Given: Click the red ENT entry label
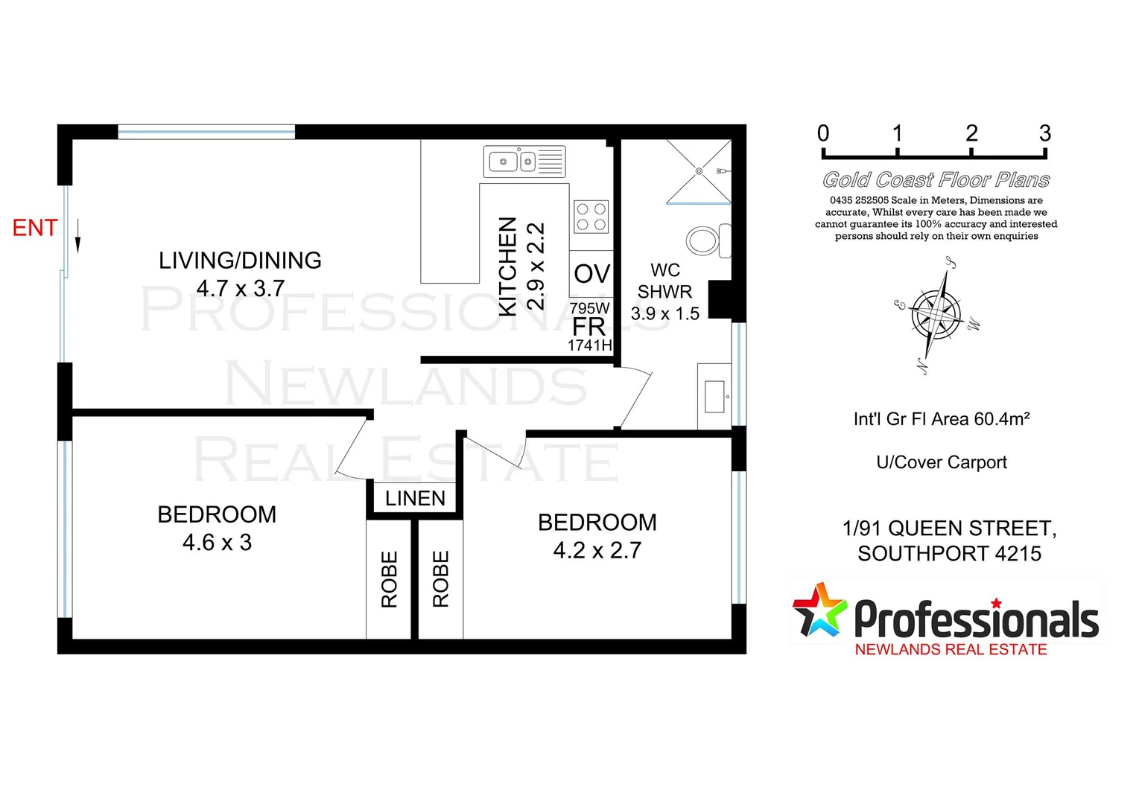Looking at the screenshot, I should tap(35, 228).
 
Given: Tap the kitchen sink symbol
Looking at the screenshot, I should tap(524, 161).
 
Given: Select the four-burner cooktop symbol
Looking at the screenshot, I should tap(591, 217).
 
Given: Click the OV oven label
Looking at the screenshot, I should tap(591, 274).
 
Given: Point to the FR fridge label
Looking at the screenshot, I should tap(588, 327).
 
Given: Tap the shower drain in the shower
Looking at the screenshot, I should tap(699, 171).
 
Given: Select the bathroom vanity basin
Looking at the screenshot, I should tap(714, 397).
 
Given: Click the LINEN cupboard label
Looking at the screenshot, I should tap(415, 498).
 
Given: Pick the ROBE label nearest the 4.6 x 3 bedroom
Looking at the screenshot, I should tap(390, 579).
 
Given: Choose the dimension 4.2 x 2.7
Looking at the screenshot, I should tap(597, 550).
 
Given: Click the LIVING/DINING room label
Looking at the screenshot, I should tap(240, 261).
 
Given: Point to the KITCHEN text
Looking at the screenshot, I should tap(507, 267).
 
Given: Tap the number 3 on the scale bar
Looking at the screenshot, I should tap(1044, 134).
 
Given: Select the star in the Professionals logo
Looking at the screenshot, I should tap(819, 610).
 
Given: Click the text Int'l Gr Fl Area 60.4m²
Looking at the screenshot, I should tap(941, 419).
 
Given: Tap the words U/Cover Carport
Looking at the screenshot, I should tap(941, 462).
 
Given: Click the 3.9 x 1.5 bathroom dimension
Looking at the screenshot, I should tap(664, 313).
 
